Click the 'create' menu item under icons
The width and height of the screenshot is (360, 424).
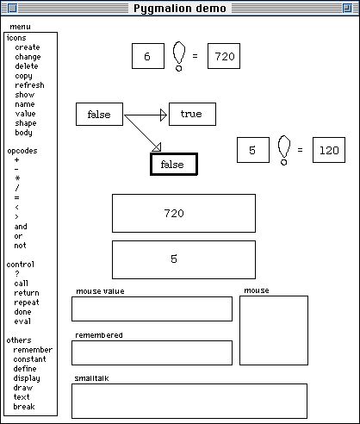click(28, 47)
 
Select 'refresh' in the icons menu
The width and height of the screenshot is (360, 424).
click(29, 85)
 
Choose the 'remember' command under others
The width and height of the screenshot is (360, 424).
click(33, 350)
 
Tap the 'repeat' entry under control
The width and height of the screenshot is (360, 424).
click(27, 302)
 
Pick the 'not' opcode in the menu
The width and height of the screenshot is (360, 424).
click(20, 246)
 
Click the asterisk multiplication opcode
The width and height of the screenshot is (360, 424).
click(17, 178)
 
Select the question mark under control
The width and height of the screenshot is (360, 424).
click(17, 274)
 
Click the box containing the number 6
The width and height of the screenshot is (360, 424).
click(148, 56)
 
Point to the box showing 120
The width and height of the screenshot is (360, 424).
click(329, 150)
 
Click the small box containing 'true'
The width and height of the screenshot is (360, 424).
click(192, 114)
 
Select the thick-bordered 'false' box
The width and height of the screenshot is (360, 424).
click(174, 165)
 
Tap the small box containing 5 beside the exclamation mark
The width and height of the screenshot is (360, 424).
click(253, 150)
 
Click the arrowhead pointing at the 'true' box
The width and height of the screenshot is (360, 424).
click(164, 115)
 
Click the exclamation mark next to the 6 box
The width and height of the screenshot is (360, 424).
click(179, 56)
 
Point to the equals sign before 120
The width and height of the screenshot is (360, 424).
click(300, 150)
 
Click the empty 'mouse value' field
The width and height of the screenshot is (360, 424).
click(152, 309)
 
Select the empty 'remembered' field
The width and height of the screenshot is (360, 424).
click(152, 352)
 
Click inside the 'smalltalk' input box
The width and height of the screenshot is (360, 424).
click(189, 401)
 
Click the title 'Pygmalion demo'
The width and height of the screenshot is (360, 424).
click(180, 9)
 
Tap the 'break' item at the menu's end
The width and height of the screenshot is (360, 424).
click(24, 407)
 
